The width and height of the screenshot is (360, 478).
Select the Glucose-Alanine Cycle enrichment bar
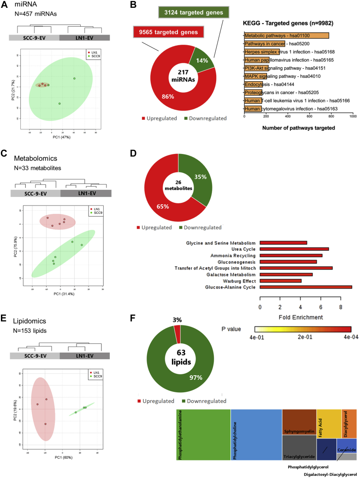coord(306,287)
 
